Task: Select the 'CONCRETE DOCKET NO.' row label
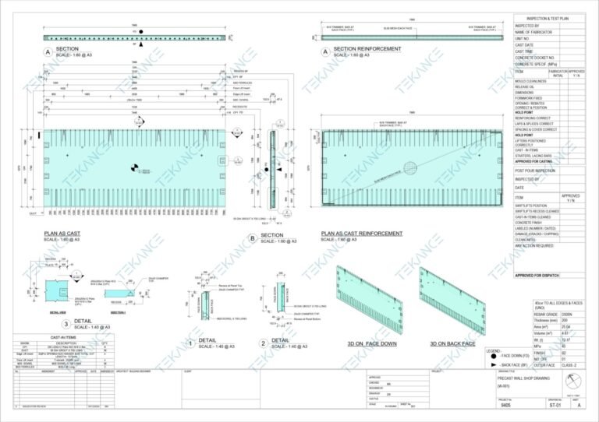click(535, 58)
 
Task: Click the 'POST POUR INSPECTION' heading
click(535, 171)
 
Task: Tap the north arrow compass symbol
click(576, 378)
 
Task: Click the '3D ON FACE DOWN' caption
click(366, 343)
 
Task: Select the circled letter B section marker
click(252, 240)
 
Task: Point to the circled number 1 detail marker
click(190, 343)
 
